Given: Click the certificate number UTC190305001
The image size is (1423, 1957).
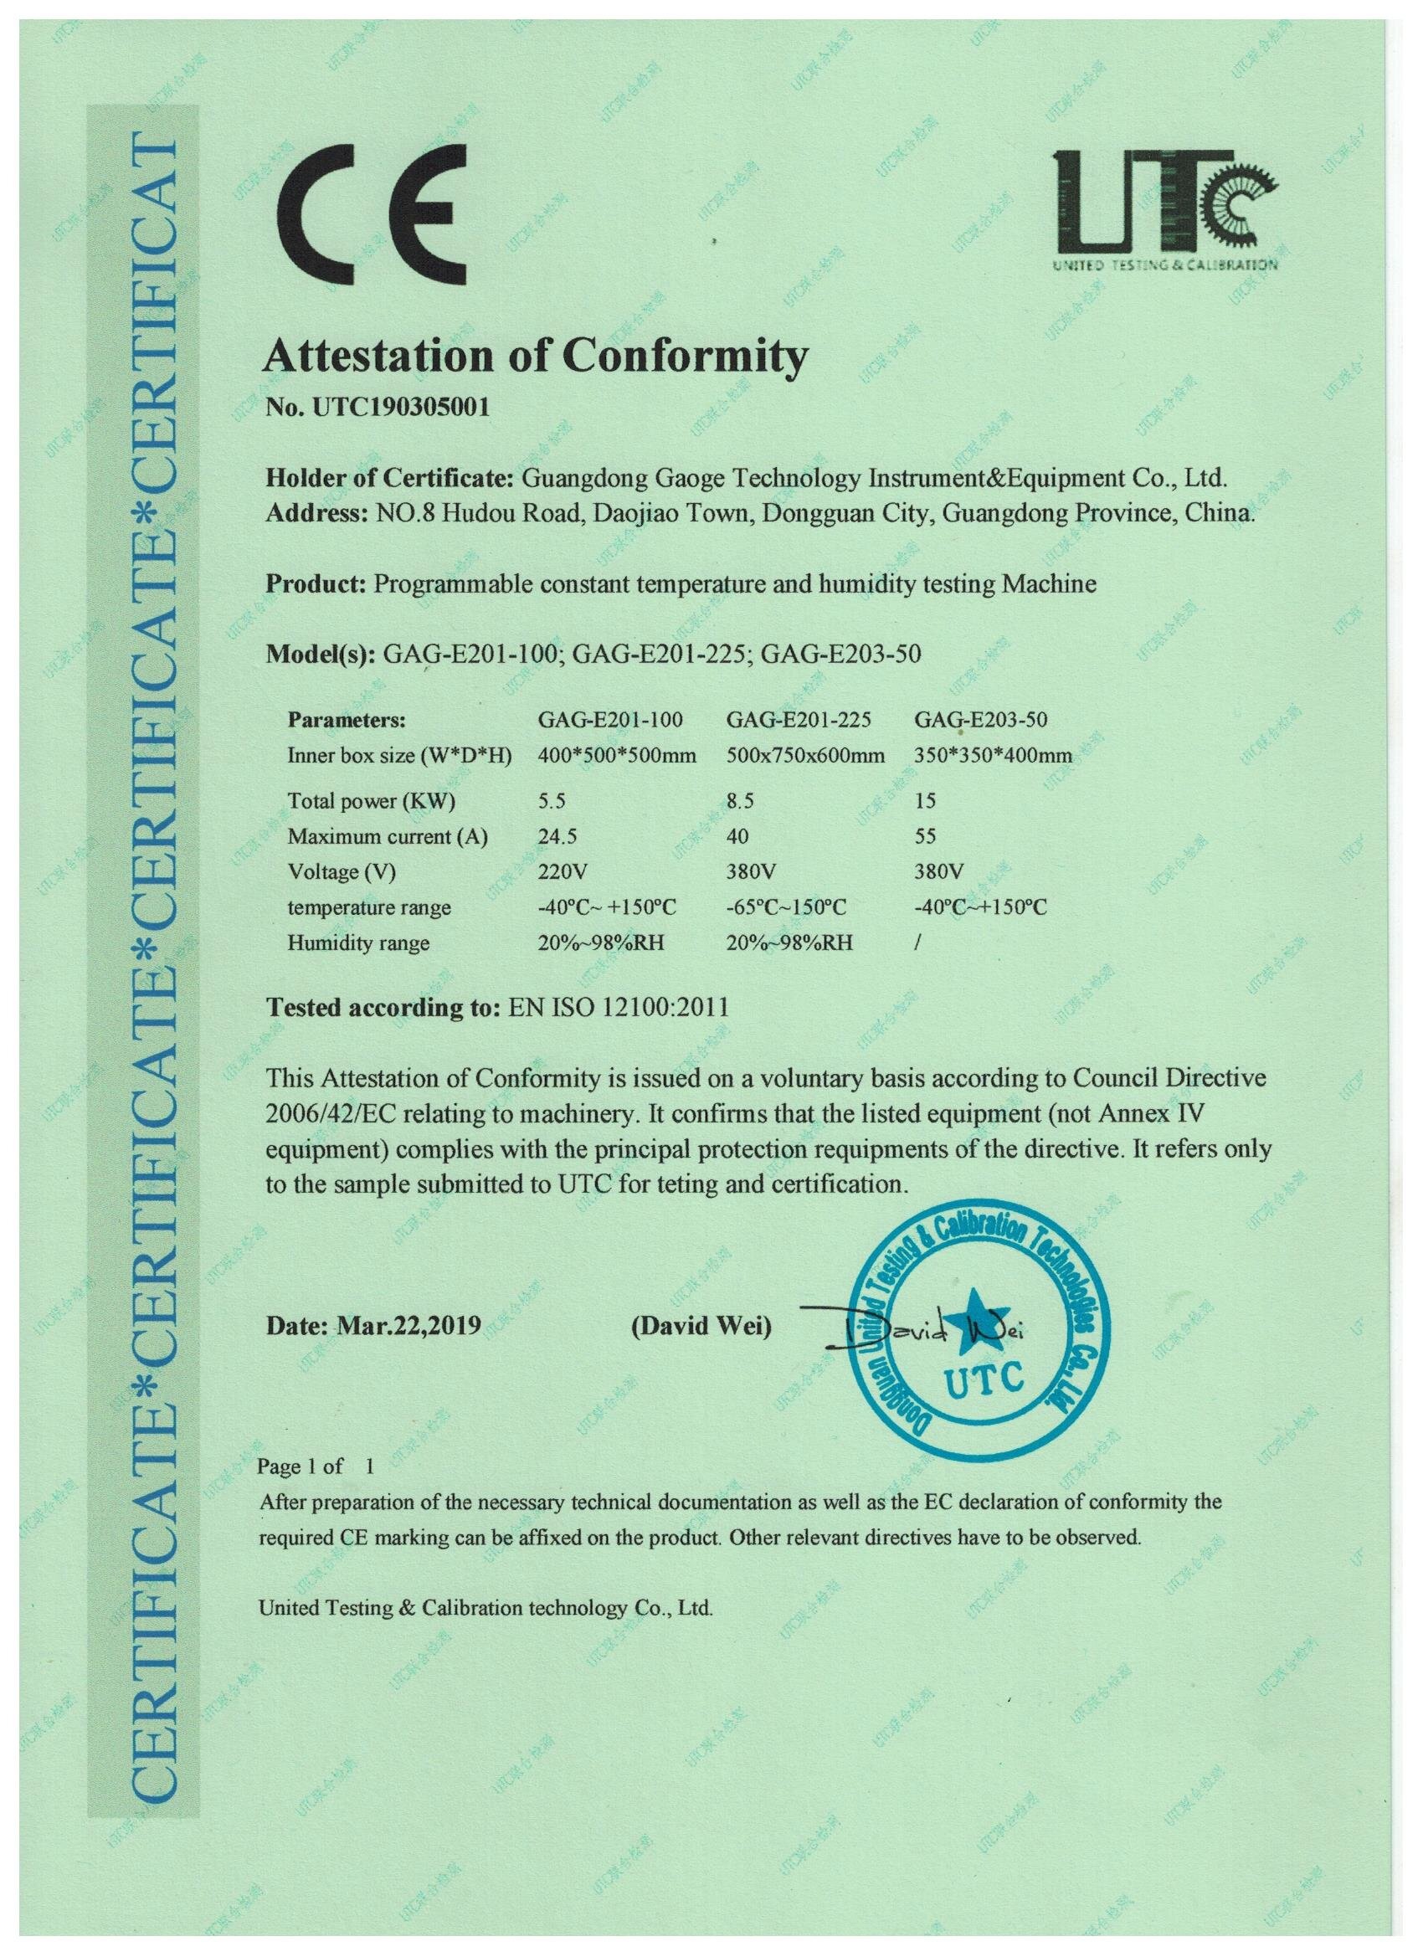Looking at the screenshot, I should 378,407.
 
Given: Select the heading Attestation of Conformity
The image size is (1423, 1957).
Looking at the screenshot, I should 536,355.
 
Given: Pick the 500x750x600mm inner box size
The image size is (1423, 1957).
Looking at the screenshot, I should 805,756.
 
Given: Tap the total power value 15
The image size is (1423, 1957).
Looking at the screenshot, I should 925,801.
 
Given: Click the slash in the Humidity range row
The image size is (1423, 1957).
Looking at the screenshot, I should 917,943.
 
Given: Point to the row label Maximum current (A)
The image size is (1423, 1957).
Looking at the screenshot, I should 388,836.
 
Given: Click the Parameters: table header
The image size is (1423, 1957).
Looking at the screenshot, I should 346,720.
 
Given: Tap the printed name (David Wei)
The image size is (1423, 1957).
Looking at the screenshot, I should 701,1325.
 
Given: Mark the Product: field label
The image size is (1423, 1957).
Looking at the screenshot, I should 316,584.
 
